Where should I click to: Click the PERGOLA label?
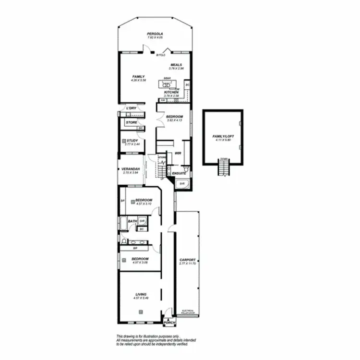(x=155, y=34)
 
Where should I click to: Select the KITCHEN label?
(x=171, y=92)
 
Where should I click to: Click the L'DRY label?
(x=132, y=108)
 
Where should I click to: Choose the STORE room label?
(x=132, y=122)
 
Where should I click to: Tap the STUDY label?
(x=133, y=141)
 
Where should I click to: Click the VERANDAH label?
(x=131, y=169)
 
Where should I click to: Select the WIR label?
(x=178, y=154)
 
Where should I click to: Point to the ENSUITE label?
(x=180, y=173)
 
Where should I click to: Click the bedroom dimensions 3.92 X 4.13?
(x=174, y=120)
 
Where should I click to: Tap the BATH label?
(x=132, y=221)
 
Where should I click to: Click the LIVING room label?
(x=141, y=294)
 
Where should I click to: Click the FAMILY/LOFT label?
(x=222, y=137)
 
